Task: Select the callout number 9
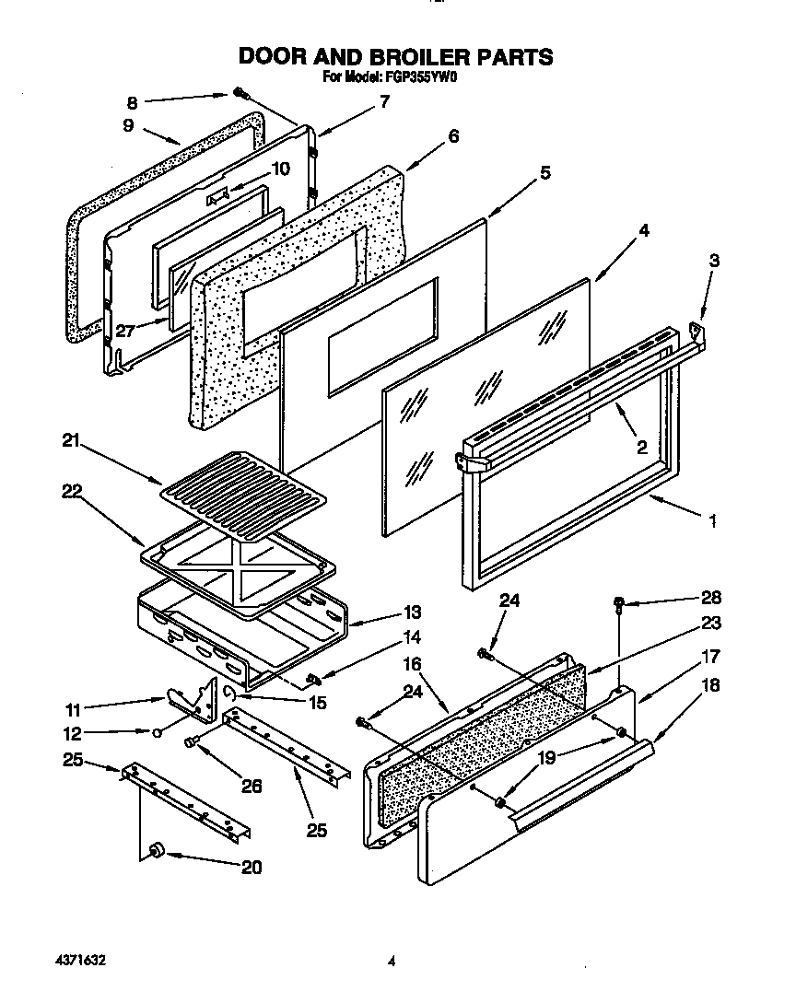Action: (x=128, y=125)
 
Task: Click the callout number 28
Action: (x=710, y=597)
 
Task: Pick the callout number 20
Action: (x=252, y=867)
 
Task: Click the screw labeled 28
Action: (x=619, y=605)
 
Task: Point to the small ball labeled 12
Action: (x=158, y=733)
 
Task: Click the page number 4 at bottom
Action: (x=392, y=962)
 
